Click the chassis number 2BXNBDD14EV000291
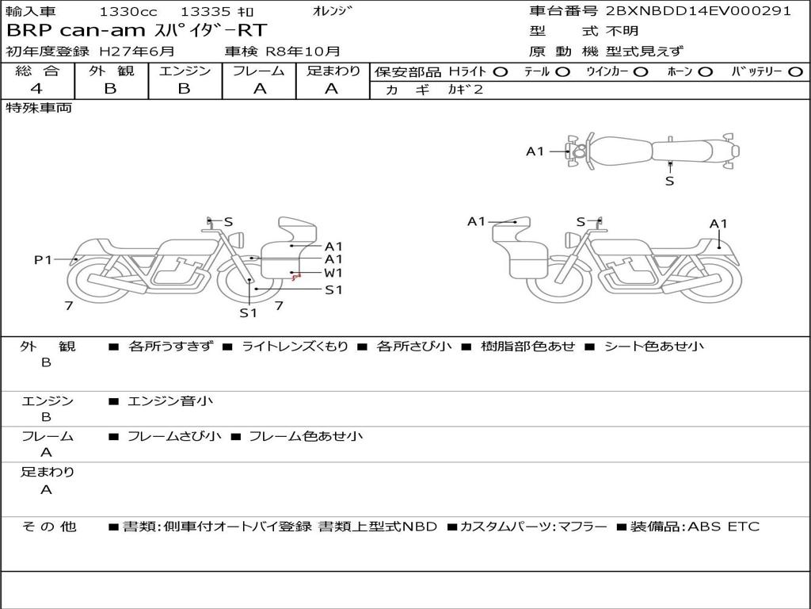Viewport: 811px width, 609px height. pos(699,11)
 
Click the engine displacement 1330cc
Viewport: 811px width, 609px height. pos(128,11)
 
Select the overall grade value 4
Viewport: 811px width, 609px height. pos(36,89)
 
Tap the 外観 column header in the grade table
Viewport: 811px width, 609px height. pos(111,71)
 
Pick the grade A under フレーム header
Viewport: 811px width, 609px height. pos(260,89)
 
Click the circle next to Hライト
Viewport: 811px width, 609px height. pos(501,72)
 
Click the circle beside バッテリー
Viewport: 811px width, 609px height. pos(795,72)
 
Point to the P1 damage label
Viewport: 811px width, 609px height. pos(43,259)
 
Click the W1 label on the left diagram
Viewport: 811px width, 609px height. pos(333,273)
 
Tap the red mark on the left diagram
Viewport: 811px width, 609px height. pos(296,278)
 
